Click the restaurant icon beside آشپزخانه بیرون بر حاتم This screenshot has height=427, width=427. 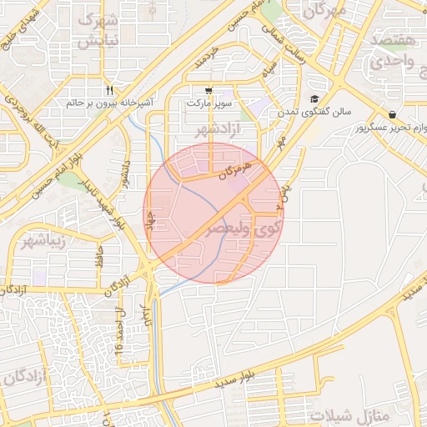point(109,91)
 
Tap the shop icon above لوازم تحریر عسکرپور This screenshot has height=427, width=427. point(392,115)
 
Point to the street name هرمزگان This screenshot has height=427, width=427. point(234,171)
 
